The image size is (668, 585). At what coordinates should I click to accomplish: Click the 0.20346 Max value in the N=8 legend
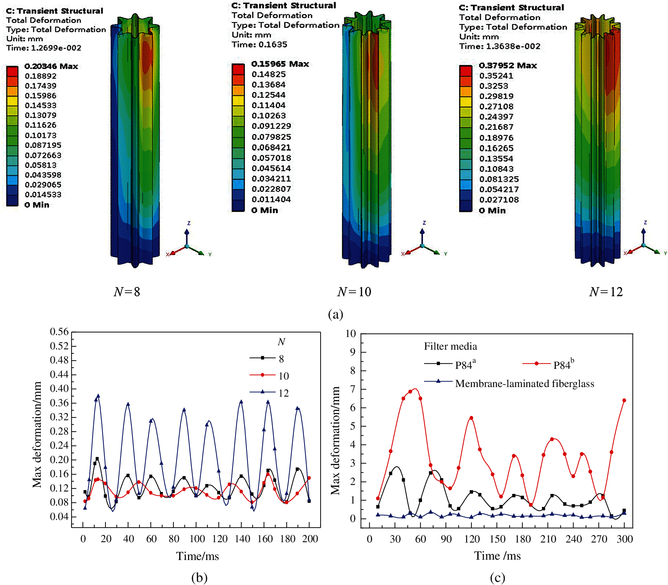[51, 66]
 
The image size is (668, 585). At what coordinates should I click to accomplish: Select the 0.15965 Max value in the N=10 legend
[280, 64]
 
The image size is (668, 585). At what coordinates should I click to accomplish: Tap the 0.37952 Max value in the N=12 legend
[508, 65]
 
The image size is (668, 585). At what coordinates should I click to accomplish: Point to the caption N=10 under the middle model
[354, 292]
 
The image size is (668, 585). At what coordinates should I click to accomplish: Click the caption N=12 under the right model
[606, 292]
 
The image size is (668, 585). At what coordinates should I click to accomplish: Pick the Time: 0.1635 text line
[259, 45]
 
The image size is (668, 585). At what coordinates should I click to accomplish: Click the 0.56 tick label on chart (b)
[59, 332]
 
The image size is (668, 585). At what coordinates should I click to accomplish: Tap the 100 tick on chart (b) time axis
[197, 539]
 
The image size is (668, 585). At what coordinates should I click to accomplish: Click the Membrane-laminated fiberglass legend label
[524, 384]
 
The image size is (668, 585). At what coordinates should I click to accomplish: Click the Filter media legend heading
[450, 346]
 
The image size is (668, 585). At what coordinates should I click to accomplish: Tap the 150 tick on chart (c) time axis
[497, 539]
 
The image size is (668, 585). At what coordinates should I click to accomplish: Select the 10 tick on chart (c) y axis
[350, 334]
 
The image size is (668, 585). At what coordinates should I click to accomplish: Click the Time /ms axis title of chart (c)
[497, 556]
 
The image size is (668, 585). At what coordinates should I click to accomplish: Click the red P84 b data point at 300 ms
[624, 400]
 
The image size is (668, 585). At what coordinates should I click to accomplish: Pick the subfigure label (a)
[335, 314]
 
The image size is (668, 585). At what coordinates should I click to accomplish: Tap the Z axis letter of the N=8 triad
[189, 223]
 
